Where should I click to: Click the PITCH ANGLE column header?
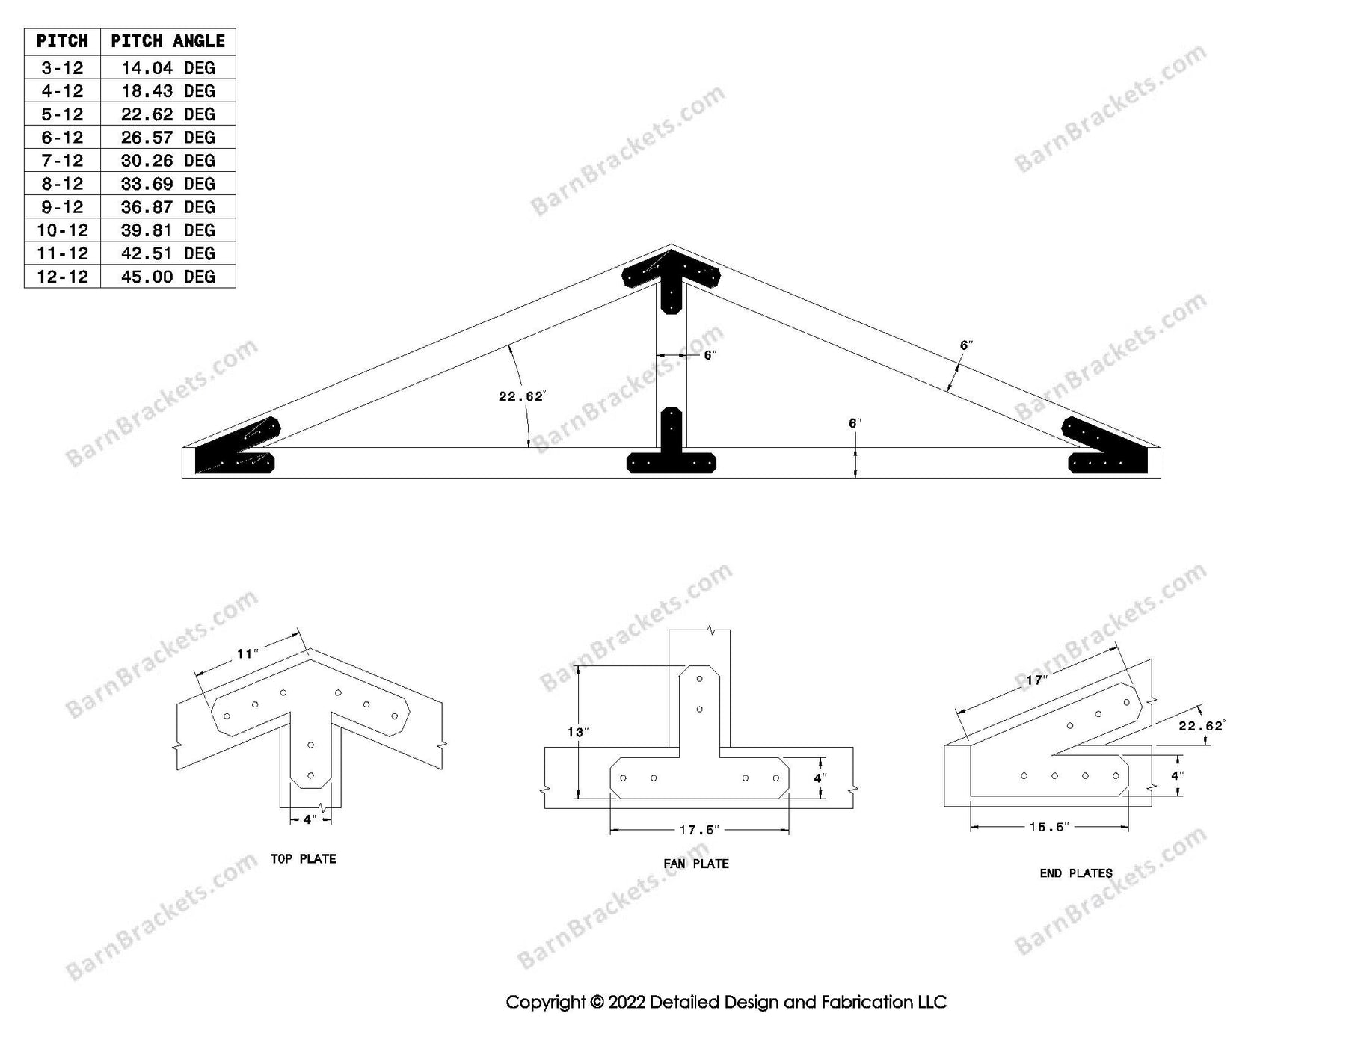pyautogui.click(x=168, y=42)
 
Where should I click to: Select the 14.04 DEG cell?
pyautogui.click(x=168, y=68)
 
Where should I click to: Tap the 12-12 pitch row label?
pyautogui.click(x=62, y=277)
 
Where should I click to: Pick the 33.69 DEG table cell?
pyautogui.click(x=168, y=184)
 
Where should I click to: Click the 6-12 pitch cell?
pyautogui.click(x=62, y=138)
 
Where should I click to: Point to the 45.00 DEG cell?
pyautogui.click(x=168, y=277)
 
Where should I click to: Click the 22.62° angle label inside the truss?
pyautogui.click(x=521, y=396)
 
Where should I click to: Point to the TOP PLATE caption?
pyautogui.click(x=303, y=859)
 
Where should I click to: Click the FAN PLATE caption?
pyautogui.click(x=695, y=864)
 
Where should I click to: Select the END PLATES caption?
pyautogui.click(x=1075, y=873)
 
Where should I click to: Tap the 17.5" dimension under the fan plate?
pyautogui.click(x=699, y=830)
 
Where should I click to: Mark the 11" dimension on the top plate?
pyautogui.click(x=248, y=655)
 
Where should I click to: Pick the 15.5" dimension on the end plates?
pyautogui.click(x=1048, y=827)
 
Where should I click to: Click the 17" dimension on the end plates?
pyautogui.click(x=1036, y=680)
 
